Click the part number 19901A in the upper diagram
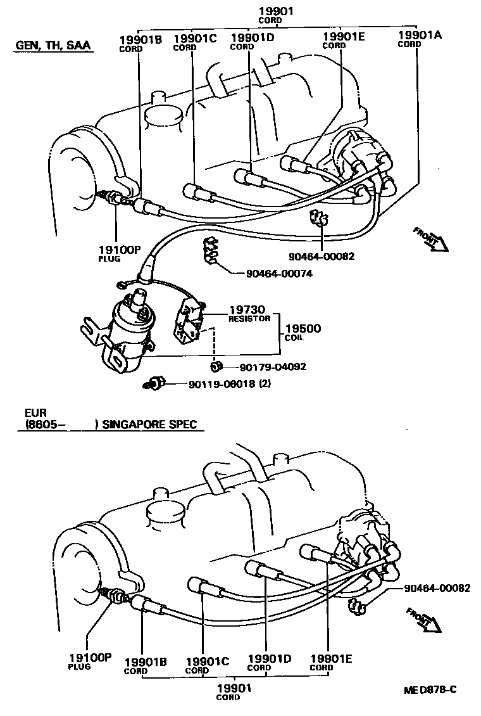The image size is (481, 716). click(420, 35)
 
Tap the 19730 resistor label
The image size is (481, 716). click(247, 310)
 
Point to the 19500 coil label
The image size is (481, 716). click(303, 329)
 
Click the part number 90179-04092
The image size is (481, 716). click(274, 367)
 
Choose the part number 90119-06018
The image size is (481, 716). click(221, 384)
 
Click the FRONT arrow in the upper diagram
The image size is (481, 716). click(430, 239)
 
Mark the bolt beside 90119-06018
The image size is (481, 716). click(155, 383)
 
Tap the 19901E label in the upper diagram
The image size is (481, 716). click(344, 37)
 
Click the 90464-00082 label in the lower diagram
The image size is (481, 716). click(437, 587)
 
